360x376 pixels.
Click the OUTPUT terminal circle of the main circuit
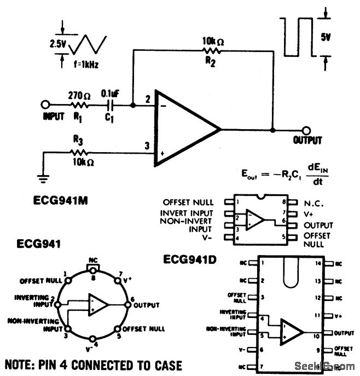click(307, 130)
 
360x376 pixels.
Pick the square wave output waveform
click(299, 38)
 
